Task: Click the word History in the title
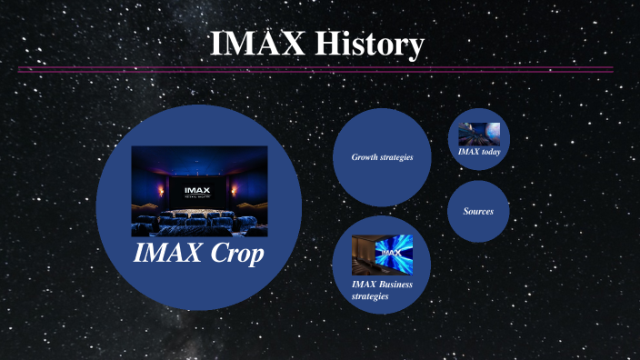(x=370, y=45)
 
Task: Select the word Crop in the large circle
(x=233, y=255)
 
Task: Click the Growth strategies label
(x=382, y=157)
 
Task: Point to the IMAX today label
(x=478, y=152)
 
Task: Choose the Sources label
(x=478, y=211)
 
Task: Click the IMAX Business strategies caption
(x=382, y=290)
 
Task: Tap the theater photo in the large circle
(x=199, y=191)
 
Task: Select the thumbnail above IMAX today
(x=479, y=135)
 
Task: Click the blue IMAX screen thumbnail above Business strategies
(x=382, y=255)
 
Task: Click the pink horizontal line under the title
(x=314, y=69)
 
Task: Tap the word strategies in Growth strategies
(x=396, y=157)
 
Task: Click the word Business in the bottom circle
(x=395, y=285)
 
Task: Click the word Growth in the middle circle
(x=365, y=157)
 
